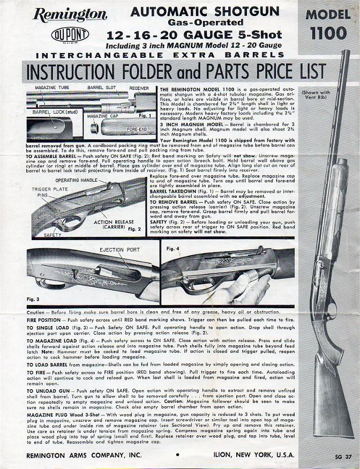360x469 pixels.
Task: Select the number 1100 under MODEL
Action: pos(328,33)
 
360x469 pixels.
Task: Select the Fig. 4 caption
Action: pos(172,249)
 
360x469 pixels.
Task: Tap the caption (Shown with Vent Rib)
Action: pos(328,94)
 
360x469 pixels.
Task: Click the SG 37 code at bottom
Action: pos(341,457)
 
